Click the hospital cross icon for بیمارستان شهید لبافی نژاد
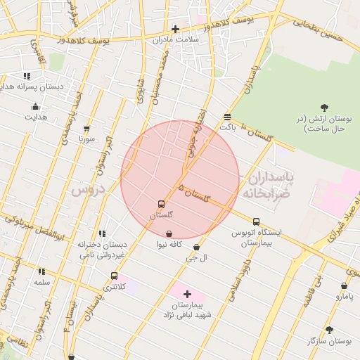(187, 294)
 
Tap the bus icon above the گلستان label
(162, 204)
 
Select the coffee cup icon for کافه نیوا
(169, 233)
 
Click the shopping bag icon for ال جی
(195, 247)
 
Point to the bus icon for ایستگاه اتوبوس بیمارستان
(256, 221)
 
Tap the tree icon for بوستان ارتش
(324, 108)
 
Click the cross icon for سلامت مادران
(175, 30)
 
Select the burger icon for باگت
(227, 117)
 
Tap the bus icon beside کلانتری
(114, 276)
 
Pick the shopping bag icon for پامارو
(344, 286)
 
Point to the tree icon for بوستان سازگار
(329, 330)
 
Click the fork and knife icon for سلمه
(41, 271)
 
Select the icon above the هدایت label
(35, 107)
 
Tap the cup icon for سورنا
(86, 129)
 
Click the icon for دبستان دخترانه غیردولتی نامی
(103, 233)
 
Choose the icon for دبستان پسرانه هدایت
(27, 76)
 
